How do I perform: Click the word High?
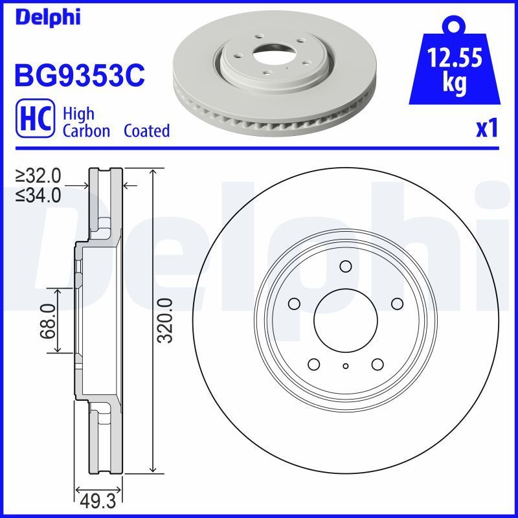tap(78, 113)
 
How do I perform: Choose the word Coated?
tap(146, 131)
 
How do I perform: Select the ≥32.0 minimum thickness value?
tap(38, 175)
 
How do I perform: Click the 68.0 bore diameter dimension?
tap(46, 321)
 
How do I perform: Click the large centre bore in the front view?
tap(346, 321)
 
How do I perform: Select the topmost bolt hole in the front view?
tap(346, 266)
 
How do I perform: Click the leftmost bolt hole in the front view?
tap(293, 304)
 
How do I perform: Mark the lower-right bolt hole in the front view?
tap(378, 365)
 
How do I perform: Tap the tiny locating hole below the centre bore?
tap(346, 366)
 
